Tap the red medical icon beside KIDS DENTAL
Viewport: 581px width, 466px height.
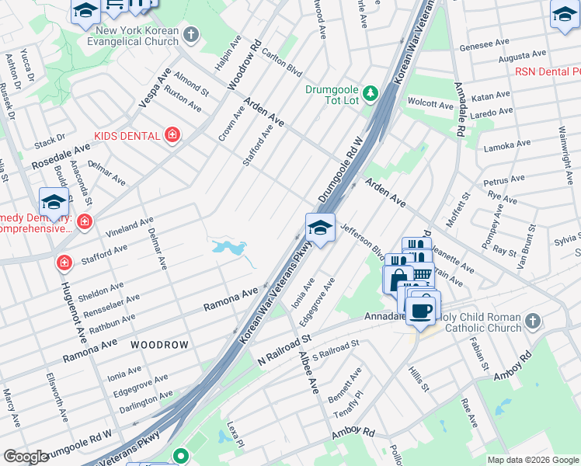point(172,136)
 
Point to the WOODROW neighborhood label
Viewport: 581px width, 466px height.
point(159,343)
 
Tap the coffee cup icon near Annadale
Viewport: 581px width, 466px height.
point(420,311)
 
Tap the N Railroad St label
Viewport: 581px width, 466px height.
point(284,350)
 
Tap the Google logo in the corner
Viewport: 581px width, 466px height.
point(26,457)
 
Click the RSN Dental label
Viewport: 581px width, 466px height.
point(547,71)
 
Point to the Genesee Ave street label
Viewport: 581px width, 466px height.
point(485,46)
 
